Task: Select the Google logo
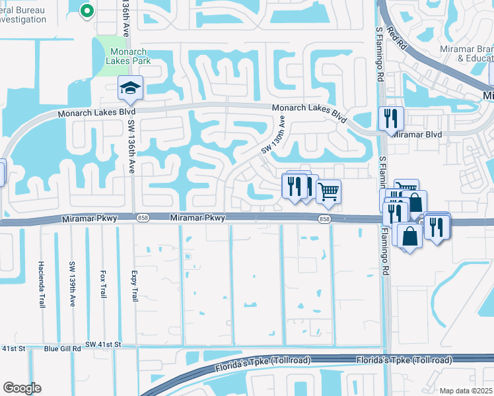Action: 22,388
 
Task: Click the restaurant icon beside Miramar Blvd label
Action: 391,119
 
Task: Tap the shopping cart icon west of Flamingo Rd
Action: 328,192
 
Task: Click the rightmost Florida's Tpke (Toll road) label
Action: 404,360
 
